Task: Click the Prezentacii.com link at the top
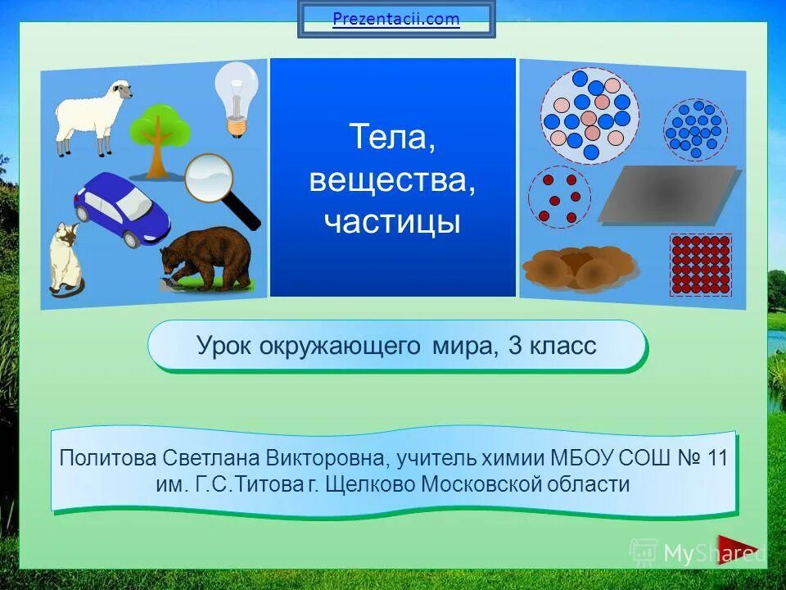click(396, 19)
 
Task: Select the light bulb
click(236, 97)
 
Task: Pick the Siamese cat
click(65, 258)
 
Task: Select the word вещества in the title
click(392, 179)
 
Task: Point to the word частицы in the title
click(392, 221)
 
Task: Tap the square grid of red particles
click(700, 264)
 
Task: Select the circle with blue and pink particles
click(589, 115)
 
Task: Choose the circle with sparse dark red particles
click(559, 197)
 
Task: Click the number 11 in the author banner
click(716, 456)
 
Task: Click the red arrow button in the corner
click(736, 550)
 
